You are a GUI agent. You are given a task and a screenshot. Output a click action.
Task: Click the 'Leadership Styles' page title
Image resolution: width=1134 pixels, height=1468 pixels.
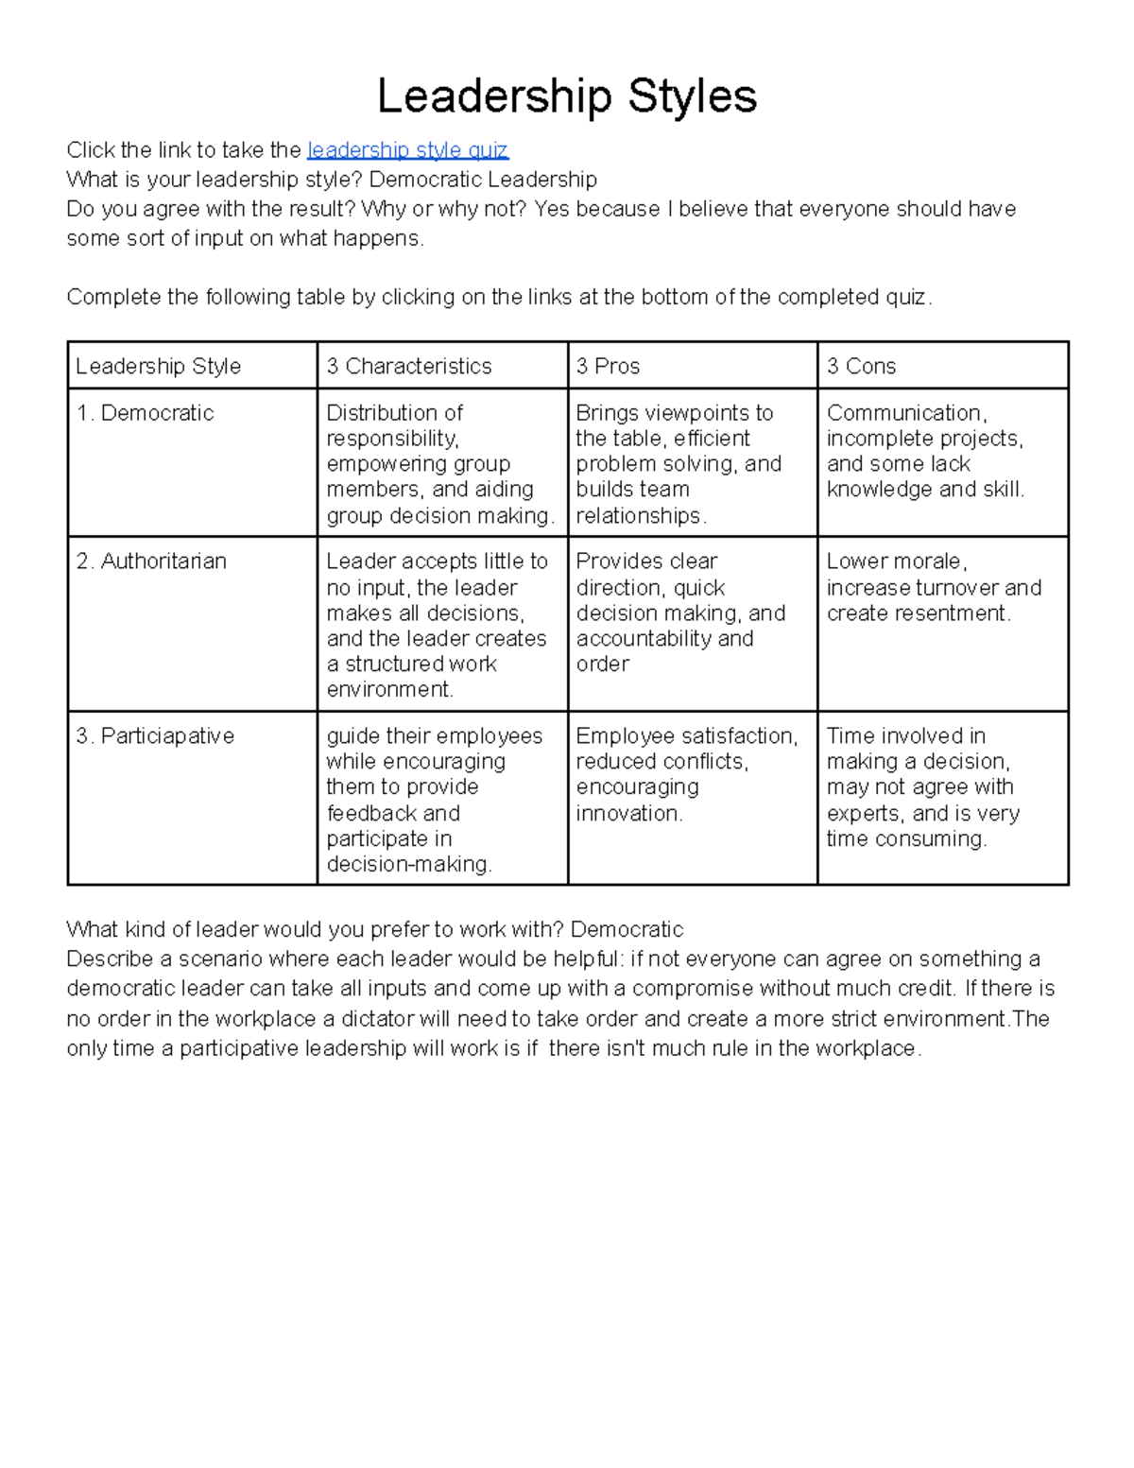567,96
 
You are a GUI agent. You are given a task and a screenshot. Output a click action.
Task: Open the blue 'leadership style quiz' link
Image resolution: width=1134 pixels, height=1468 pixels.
407,150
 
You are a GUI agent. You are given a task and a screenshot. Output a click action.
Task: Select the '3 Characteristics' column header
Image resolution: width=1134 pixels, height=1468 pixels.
408,366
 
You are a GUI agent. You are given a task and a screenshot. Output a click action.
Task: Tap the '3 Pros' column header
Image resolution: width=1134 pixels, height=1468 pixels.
608,366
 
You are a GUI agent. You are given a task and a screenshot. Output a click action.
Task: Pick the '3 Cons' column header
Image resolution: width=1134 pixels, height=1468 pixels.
861,366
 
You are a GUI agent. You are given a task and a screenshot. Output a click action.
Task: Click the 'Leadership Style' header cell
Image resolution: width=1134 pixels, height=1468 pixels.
158,366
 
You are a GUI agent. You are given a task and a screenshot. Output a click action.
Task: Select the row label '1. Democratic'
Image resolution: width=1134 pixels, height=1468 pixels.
145,413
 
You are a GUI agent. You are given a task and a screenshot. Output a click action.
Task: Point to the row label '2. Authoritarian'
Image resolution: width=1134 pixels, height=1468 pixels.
151,561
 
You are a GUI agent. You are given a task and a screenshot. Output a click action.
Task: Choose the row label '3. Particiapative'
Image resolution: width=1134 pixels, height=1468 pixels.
155,736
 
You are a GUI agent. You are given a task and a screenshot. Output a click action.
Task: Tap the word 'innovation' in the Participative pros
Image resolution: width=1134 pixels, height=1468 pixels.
627,814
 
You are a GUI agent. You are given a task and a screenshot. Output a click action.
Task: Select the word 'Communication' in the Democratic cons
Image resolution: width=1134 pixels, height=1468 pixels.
905,413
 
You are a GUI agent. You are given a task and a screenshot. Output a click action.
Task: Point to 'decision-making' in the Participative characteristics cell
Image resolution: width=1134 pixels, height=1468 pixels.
407,865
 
